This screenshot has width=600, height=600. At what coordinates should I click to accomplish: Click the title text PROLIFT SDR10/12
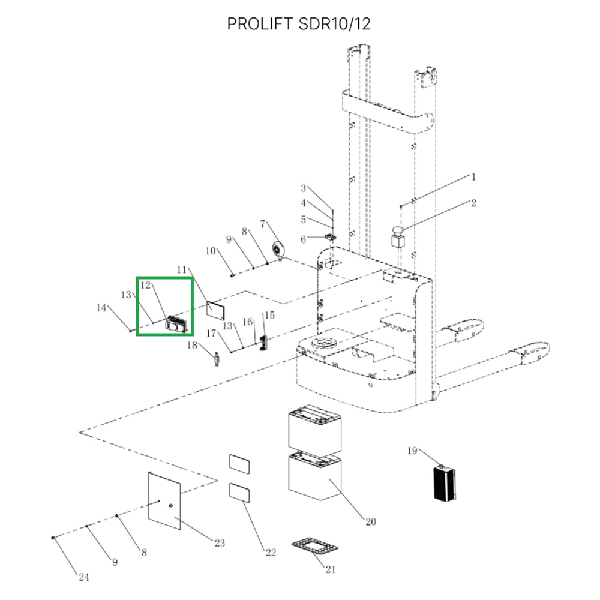pos(299,24)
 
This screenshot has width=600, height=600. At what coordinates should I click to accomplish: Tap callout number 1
pos(473,177)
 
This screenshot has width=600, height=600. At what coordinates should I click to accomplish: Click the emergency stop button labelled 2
pos(398,238)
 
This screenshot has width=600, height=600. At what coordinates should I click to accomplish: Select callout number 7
pos(263,224)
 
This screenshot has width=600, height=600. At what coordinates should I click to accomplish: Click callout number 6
pos(303,239)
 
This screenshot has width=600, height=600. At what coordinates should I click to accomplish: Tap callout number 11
pos(181,270)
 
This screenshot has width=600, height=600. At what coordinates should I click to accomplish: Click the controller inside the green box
pos(176,324)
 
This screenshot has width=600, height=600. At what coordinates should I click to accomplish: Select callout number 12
pos(145,285)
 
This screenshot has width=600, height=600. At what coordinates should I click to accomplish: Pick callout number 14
pos(101,308)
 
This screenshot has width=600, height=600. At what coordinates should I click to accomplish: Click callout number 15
pos(270,315)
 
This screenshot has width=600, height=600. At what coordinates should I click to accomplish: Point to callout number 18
pos(192,345)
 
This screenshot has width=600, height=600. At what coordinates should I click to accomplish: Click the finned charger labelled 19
pos(445,483)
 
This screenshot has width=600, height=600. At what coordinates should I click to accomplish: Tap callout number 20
pos(371,521)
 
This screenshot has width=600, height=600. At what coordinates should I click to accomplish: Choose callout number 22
pos(271,553)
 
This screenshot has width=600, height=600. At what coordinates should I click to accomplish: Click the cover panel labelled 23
pos(164,500)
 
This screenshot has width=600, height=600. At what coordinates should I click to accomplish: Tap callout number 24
pos(84,577)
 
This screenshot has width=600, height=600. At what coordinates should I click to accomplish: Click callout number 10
pos(211,251)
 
